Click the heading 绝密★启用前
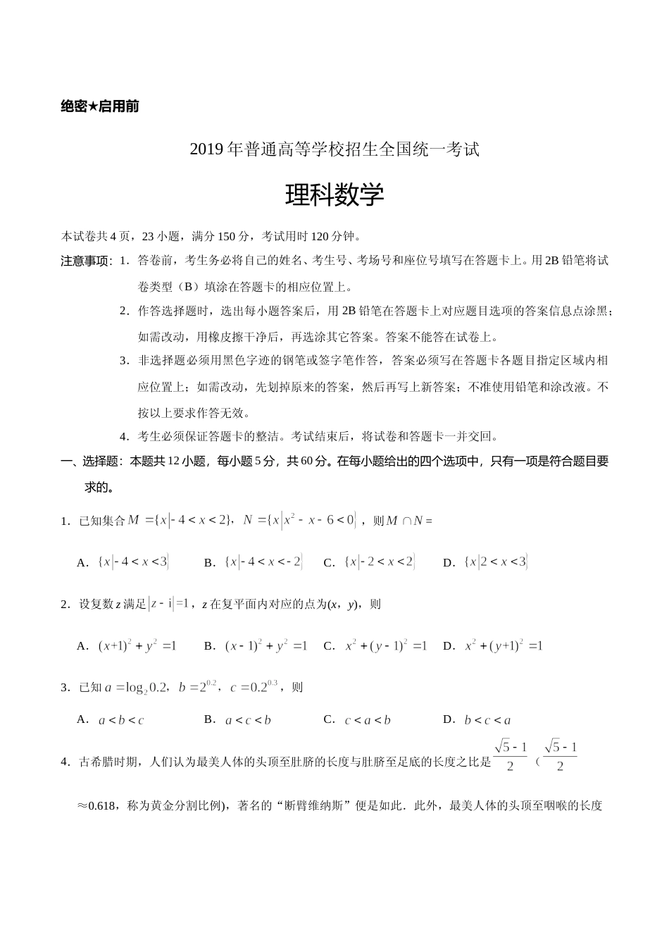(100, 106)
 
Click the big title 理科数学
(334, 195)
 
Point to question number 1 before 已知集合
(65, 521)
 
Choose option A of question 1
(123, 562)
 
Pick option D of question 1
(486, 562)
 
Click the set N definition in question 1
(300, 521)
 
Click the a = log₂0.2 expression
(137, 687)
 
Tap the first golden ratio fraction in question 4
(511, 755)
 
